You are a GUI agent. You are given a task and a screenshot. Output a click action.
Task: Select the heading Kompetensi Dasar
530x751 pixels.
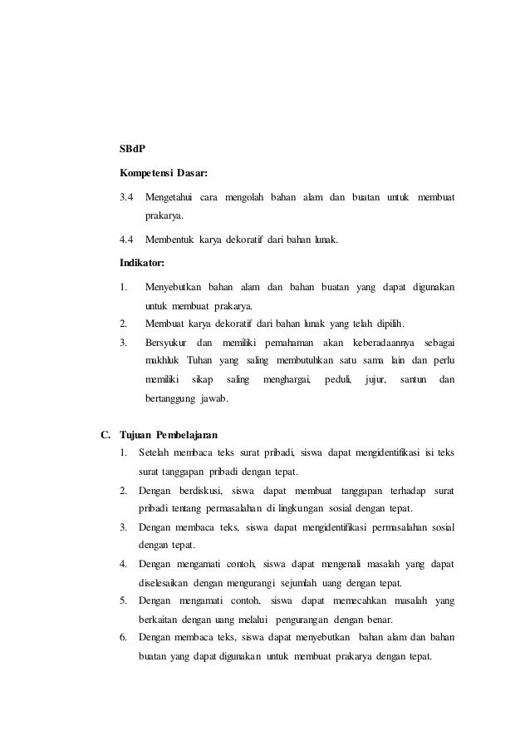[164, 174]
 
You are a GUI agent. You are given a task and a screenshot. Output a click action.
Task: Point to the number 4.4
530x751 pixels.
[126, 241]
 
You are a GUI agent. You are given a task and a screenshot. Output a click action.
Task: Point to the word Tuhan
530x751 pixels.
[199, 361]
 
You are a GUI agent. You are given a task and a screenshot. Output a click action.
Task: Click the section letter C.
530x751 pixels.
[105, 434]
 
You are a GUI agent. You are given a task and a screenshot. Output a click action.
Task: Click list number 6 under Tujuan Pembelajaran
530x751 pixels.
[123, 638]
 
